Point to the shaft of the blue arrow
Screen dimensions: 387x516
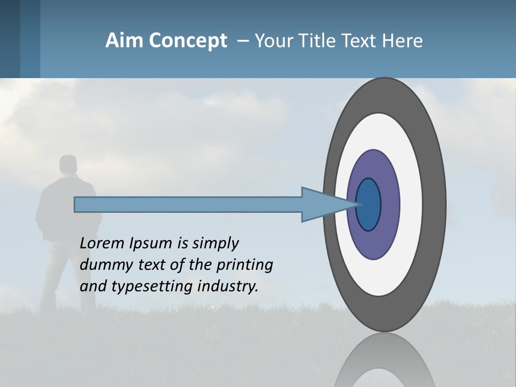(188, 205)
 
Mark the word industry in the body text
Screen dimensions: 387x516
(228, 286)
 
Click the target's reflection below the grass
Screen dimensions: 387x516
(385, 363)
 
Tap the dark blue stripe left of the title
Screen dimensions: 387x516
(10, 39)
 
